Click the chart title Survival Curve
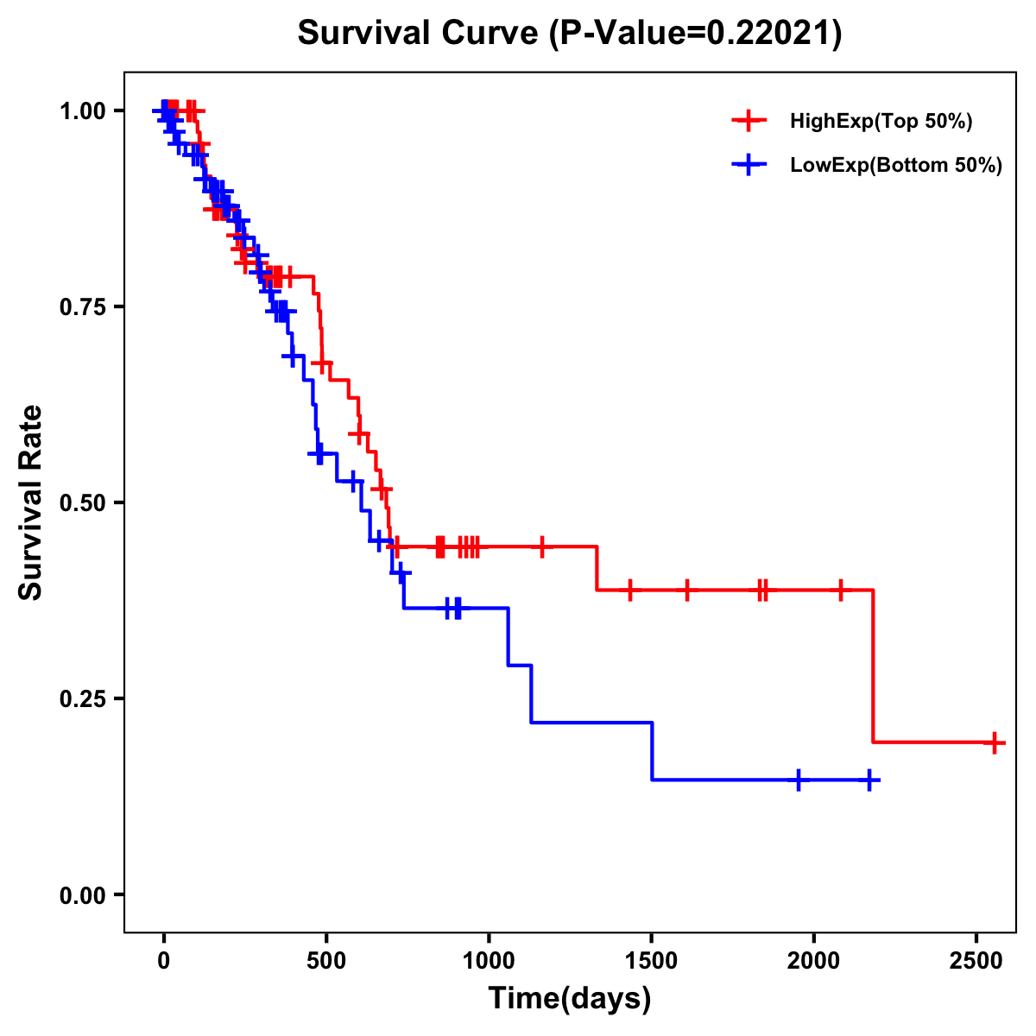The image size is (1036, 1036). click(569, 33)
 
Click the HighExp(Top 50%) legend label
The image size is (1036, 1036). click(881, 122)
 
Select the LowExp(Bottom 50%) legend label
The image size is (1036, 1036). click(896, 166)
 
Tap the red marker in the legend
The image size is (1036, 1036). click(749, 121)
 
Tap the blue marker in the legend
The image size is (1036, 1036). click(749, 165)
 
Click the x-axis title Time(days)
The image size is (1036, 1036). click(569, 999)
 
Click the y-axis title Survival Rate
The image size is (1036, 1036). click(32, 502)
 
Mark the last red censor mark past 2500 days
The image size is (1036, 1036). click(995, 742)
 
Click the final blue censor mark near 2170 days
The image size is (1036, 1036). click(869, 780)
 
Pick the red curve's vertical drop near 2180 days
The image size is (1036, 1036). click(873, 665)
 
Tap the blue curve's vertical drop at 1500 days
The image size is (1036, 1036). click(652, 751)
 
